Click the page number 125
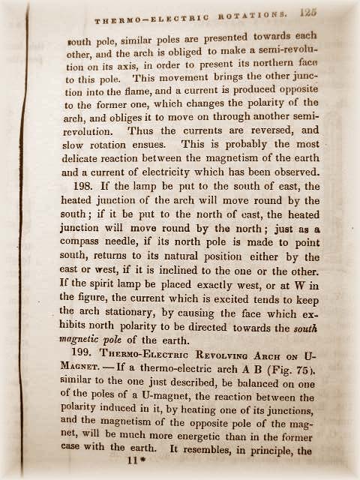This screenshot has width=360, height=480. (307, 12)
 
